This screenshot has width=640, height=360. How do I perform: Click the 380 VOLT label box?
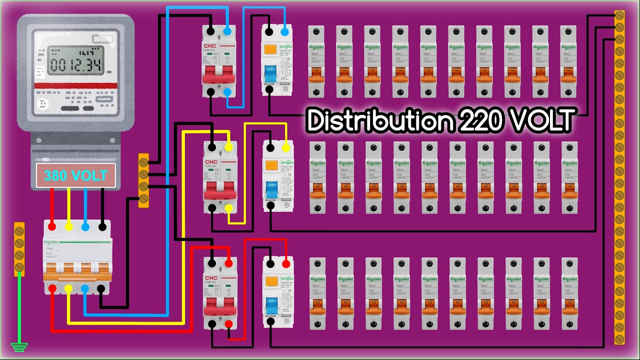click(x=75, y=175)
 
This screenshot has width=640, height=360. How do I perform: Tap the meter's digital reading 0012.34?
click(x=75, y=64)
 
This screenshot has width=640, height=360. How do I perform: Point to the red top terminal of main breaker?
click(x=51, y=227)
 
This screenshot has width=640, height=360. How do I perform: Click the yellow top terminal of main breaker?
click(x=69, y=227)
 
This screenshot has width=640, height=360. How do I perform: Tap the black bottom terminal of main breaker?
click(x=102, y=288)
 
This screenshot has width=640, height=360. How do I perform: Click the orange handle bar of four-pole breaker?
click(x=77, y=275)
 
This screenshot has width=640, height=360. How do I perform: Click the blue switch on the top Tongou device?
click(x=270, y=71)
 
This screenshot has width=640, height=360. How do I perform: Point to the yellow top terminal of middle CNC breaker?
click(x=228, y=147)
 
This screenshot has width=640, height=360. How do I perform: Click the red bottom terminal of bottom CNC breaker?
click(x=228, y=324)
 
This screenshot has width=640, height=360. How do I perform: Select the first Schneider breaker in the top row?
click(x=315, y=61)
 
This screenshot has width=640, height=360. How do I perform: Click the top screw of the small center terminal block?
click(x=143, y=162)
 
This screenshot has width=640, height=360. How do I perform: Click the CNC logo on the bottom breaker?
click(x=211, y=277)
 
